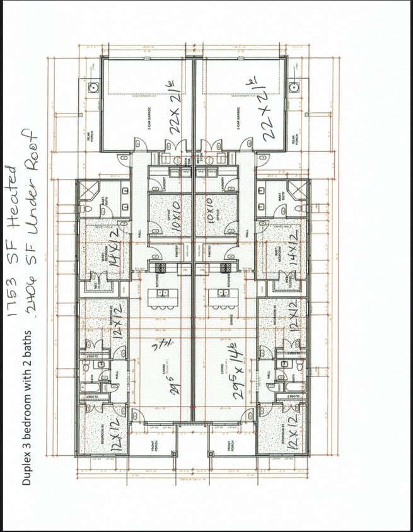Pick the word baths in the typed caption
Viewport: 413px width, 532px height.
click(x=26, y=345)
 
